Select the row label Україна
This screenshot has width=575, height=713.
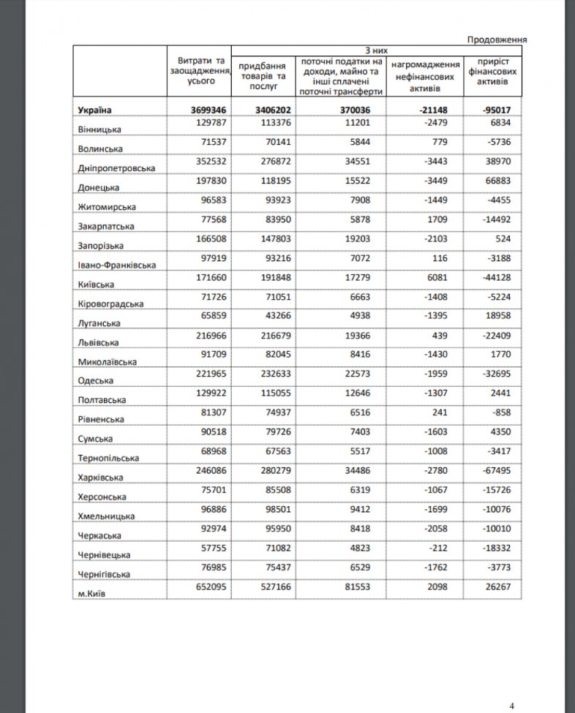[x=94, y=110]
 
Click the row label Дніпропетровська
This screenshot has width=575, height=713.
[x=116, y=167]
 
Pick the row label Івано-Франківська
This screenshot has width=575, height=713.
[x=116, y=265]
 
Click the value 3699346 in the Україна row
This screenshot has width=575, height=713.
[x=207, y=110]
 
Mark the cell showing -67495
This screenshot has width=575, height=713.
[x=502, y=472]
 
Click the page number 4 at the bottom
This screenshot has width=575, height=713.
[x=512, y=705]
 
